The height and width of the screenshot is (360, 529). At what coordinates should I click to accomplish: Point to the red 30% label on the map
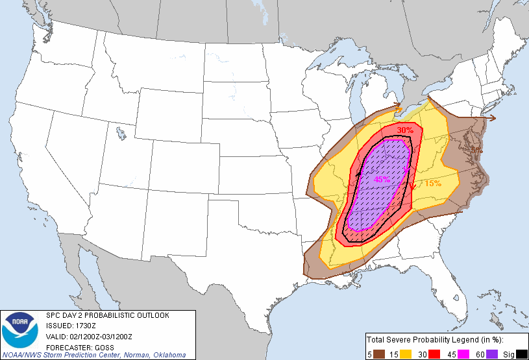point(405,130)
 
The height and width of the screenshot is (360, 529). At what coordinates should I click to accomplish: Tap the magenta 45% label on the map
point(382,180)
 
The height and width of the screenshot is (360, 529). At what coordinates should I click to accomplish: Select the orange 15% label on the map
point(433,184)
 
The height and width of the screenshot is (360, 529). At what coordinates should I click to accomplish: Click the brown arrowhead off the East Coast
point(494,118)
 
